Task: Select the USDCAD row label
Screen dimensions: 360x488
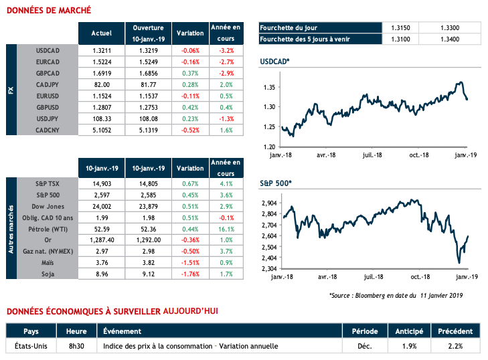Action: click(48, 50)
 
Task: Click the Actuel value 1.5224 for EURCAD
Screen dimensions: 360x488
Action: click(100, 60)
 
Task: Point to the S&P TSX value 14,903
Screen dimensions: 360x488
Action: click(100, 183)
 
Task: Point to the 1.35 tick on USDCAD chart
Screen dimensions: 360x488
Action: click(270, 88)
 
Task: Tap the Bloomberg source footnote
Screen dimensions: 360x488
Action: click(396, 294)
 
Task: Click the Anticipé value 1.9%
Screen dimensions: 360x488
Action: click(409, 346)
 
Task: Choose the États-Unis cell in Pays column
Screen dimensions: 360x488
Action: click(31, 346)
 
